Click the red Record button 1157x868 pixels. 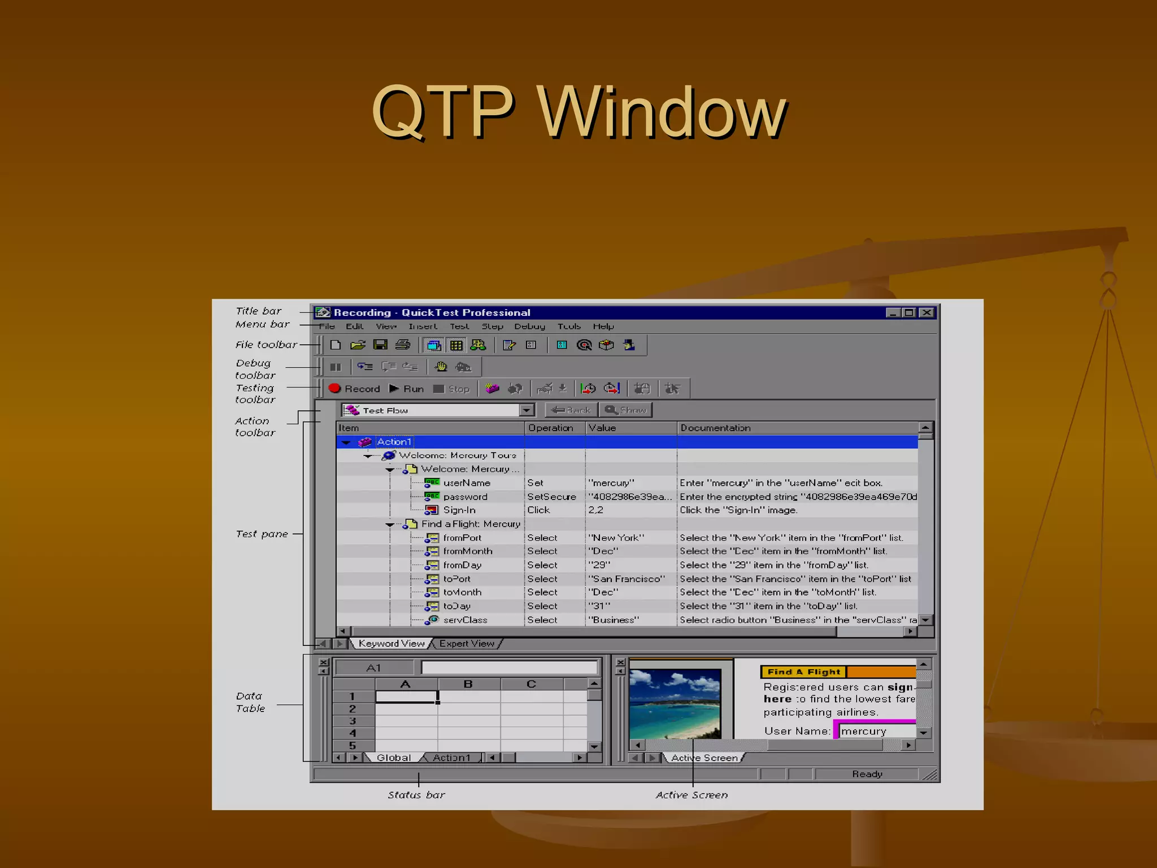coord(354,389)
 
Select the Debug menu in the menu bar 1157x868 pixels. coord(529,326)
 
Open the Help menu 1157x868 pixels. coord(603,326)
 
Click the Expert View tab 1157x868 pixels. coord(467,644)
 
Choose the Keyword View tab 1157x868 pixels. coord(391,644)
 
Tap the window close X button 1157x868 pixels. coord(927,313)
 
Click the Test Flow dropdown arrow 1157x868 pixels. coord(527,410)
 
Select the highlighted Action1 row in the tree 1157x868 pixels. coord(394,442)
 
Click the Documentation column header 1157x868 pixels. coord(715,428)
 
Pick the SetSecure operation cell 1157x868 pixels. coord(551,497)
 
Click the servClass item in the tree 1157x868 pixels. coord(465,620)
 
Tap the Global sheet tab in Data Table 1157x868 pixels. coord(393,758)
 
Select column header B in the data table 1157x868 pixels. coord(468,684)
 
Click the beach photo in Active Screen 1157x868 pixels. coord(675,704)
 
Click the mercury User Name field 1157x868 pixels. coord(876,731)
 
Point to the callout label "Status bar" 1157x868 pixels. coord(416,795)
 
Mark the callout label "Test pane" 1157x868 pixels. coord(262,534)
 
